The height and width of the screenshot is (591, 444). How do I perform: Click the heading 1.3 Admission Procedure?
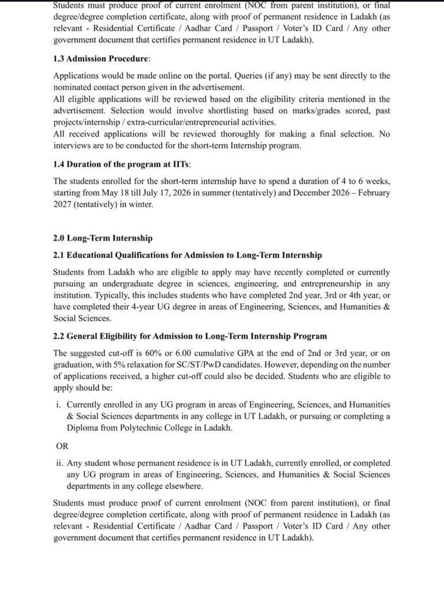coord(101,59)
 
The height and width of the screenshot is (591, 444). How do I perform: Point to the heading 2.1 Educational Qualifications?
coord(187,255)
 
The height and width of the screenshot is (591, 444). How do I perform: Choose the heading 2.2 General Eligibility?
coord(190,336)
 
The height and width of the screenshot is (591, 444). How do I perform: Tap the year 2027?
coord(63,204)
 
